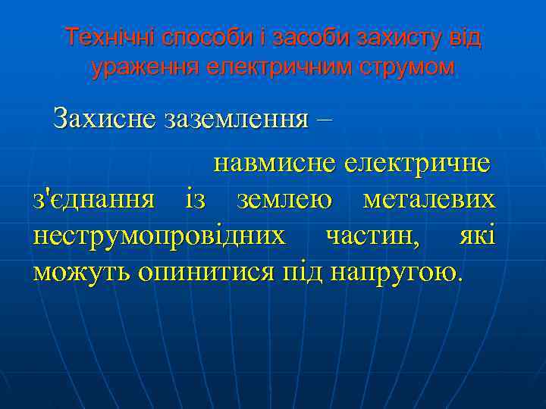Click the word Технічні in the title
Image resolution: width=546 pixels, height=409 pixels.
coord(102,37)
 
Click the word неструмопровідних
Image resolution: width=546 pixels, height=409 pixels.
coord(159,235)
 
